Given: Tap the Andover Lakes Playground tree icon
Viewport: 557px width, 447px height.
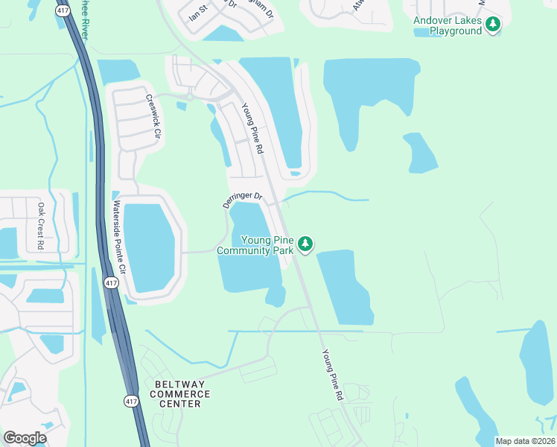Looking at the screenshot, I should tap(492, 25).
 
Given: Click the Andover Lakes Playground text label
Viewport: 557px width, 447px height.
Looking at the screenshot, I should tap(448, 26).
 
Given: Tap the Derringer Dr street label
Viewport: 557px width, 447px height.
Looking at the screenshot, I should tap(243, 200).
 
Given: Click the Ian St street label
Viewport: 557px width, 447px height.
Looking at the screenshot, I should tap(197, 13).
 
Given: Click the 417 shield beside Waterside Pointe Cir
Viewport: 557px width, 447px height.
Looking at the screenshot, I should tap(110, 283).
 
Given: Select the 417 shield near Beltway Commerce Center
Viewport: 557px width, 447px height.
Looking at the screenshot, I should tap(131, 400).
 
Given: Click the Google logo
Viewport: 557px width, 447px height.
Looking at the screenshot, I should tap(25, 438).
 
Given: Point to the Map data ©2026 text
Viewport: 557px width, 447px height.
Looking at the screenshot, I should tap(525, 441).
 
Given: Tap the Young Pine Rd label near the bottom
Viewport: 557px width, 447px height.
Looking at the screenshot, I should tap(331, 376).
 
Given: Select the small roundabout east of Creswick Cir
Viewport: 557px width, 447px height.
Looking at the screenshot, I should tap(190, 97).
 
